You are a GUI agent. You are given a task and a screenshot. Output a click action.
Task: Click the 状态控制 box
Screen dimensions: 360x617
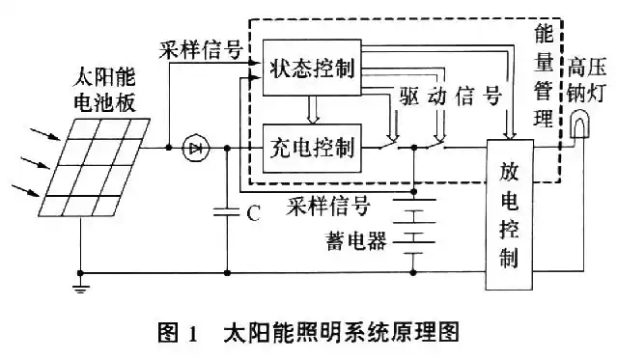(311, 69)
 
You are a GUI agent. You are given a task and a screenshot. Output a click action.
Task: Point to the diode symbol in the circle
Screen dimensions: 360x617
(196, 149)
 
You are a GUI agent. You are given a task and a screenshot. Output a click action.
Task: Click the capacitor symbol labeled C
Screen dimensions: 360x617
(228, 211)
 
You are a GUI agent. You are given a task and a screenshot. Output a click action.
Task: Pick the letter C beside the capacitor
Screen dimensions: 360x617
(253, 213)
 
